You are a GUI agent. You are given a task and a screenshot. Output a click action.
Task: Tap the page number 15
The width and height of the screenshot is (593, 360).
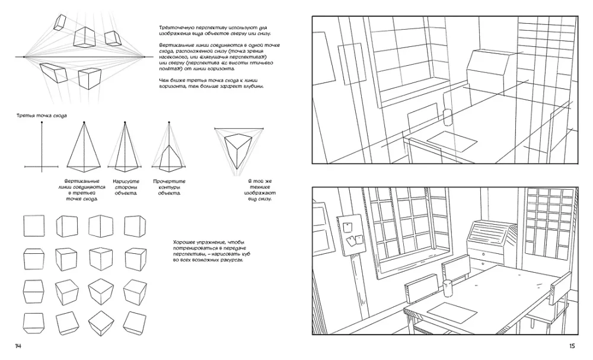pyautogui.click(x=572, y=346)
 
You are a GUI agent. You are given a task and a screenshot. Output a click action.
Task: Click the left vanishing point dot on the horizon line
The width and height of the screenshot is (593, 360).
pyautogui.click(x=24, y=57)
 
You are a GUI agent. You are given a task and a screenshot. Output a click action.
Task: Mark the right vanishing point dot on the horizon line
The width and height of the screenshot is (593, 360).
pyautogui.click(x=144, y=57)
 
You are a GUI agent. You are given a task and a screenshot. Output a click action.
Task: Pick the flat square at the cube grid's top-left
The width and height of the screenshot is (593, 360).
pyautogui.click(x=32, y=226)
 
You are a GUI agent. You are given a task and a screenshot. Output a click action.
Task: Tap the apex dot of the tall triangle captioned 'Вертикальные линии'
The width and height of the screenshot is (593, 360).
pyautogui.click(x=85, y=122)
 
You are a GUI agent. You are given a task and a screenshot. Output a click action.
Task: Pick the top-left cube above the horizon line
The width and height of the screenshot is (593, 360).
pyautogui.click(x=60, y=22)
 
